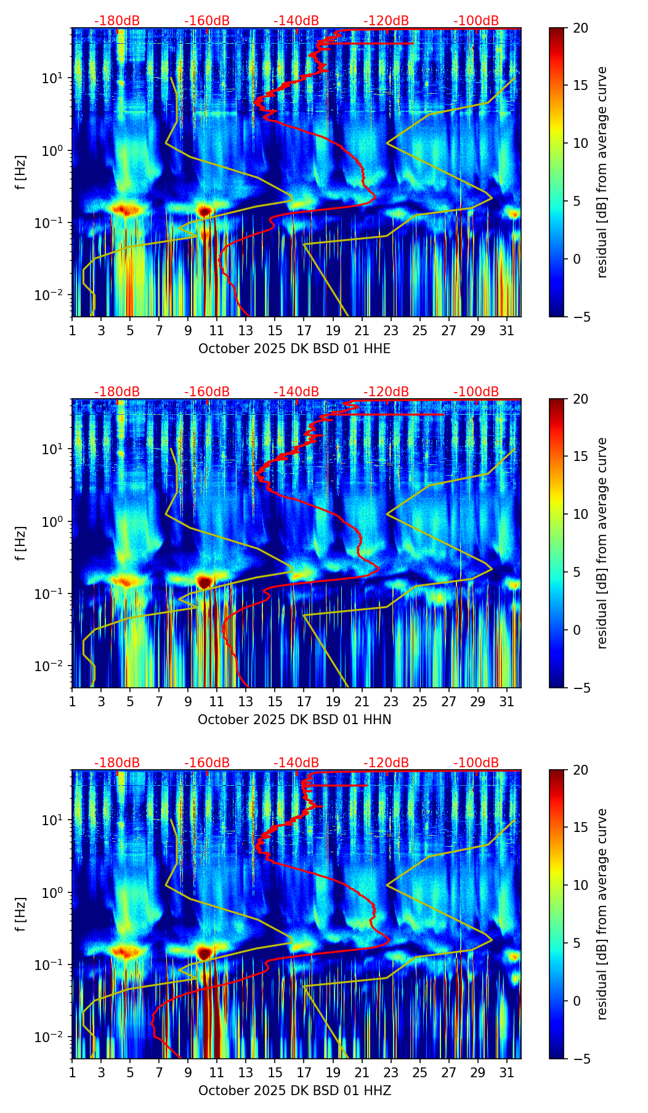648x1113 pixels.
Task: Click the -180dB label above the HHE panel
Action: pos(117,21)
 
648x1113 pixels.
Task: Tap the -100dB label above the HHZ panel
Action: pos(476,763)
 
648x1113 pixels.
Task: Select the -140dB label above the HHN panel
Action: pos(296,392)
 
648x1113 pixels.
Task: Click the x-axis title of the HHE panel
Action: pos(294,349)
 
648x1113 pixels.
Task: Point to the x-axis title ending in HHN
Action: pos(294,720)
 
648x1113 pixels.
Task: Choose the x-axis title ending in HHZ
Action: pos(294,1091)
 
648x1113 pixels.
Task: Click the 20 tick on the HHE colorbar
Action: pos(580,28)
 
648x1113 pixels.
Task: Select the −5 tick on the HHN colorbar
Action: pos(580,687)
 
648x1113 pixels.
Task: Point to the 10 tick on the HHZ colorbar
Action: pos(580,885)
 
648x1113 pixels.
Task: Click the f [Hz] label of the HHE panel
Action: pos(22,173)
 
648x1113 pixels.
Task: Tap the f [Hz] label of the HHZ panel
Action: pos(22,914)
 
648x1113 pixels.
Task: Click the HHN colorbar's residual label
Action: pos(602,543)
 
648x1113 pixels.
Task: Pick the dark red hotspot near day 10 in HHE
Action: pos(205,211)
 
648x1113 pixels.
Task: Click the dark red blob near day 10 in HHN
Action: pos(205,581)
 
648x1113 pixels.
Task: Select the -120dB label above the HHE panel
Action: pos(386,21)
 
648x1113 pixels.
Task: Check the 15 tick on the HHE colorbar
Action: pos(580,86)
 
